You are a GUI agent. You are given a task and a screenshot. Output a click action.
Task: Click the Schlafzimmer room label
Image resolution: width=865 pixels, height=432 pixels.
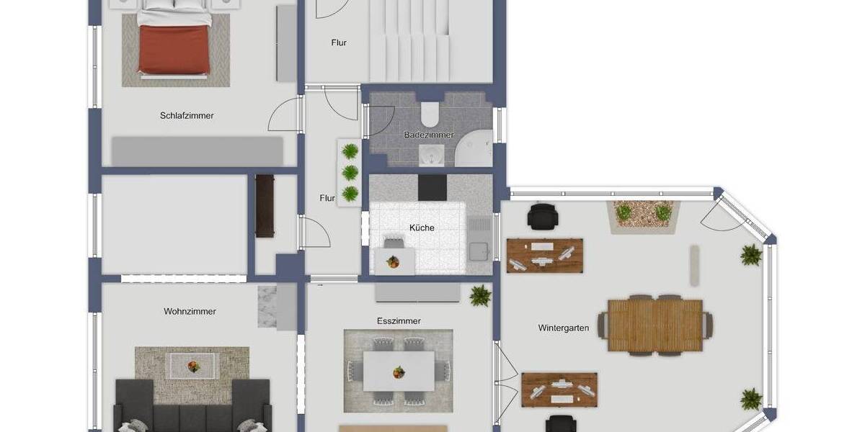187,115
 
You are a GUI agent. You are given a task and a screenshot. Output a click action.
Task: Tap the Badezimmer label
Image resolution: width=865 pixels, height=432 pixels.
429,135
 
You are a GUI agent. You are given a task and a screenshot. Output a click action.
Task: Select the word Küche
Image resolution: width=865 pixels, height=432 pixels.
422,228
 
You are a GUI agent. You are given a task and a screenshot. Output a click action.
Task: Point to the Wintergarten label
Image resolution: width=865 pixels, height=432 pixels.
563,328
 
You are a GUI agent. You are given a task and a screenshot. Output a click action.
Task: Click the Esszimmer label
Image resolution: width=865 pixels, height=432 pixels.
399,321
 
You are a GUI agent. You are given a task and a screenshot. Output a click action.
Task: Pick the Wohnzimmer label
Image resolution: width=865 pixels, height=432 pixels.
190,312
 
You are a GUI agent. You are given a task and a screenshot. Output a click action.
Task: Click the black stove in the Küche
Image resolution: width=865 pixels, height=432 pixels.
432,188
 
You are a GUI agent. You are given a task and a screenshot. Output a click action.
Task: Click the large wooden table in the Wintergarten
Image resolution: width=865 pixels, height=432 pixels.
655,325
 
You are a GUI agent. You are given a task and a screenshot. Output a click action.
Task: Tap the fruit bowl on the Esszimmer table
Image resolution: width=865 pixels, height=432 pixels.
398,372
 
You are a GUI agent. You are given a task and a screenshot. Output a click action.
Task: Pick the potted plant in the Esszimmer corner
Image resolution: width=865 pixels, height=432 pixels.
479,294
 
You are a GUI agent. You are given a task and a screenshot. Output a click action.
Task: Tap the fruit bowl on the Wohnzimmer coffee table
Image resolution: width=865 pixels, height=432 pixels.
192,366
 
